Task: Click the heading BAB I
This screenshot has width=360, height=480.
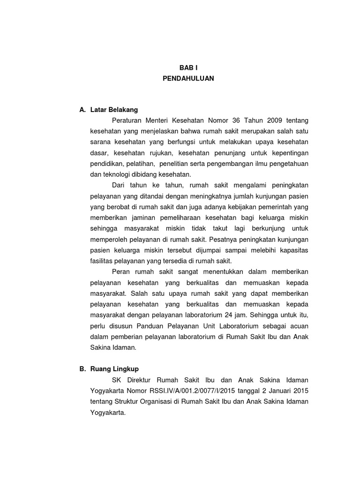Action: click(x=188, y=67)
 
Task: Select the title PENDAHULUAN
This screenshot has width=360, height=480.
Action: click(x=188, y=79)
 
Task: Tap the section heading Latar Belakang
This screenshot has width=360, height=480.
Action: click(x=114, y=110)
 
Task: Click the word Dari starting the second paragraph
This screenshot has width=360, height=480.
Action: click(x=120, y=185)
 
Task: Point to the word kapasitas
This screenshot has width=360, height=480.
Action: click(x=294, y=250)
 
